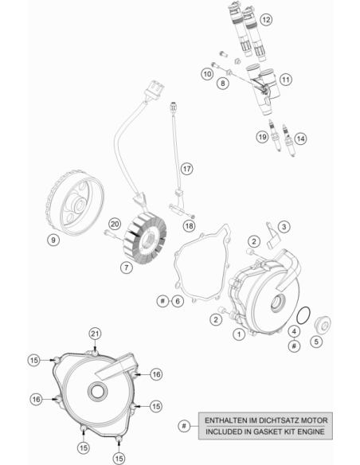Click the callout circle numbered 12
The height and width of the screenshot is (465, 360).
pos(266,20)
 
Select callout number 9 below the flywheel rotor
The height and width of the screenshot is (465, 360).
pos(53,240)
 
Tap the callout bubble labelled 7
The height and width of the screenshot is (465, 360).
pos(127,268)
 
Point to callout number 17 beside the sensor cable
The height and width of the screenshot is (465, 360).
pos(186,169)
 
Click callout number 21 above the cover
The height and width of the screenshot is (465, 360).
pos(95,334)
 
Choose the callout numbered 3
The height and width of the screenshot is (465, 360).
pos(284,227)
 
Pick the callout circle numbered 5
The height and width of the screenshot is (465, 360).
pos(316,342)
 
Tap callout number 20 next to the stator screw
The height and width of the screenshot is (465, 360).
pos(115,224)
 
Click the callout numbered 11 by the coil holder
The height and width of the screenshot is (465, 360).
pos(285,80)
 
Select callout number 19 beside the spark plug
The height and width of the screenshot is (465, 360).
pos(262,137)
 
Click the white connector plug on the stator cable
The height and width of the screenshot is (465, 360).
pos(155,88)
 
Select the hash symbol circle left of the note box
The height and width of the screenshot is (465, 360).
pos(184,426)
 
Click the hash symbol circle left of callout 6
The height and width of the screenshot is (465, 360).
pos(162,301)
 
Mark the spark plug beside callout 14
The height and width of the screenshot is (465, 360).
pos(289,140)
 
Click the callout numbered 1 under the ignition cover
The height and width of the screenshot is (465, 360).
pos(239,334)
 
